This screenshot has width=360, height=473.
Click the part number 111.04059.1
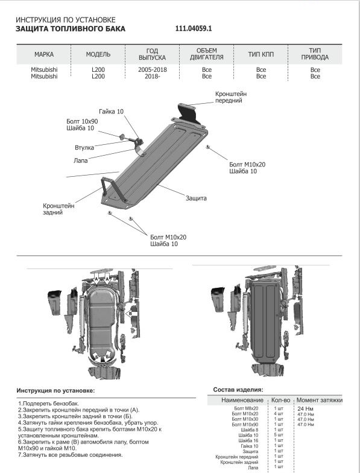click(x=194, y=29)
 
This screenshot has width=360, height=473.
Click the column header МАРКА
click(x=43, y=54)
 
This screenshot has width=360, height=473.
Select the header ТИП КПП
click(x=261, y=54)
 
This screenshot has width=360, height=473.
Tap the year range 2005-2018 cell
click(x=152, y=70)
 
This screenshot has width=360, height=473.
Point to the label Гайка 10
click(x=111, y=112)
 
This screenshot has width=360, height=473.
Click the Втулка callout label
click(x=84, y=147)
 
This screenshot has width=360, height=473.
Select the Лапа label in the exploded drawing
click(x=81, y=160)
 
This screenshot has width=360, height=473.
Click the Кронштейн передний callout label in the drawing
click(x=230, y=97)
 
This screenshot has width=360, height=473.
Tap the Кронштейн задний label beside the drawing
click(x=58, y=209)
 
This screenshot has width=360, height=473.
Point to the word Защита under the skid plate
click(x=196, y=198)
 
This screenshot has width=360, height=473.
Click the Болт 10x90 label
click(x=82, y=121)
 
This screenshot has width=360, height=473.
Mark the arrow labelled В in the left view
click(x=131, y=314)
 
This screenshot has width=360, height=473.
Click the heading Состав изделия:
click(x=238, y=390)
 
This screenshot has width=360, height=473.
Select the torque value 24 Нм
click(x=305, y=409)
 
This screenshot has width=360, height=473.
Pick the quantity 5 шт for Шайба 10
click(x=279, y=435)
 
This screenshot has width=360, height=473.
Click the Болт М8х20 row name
click(x=246, y=408)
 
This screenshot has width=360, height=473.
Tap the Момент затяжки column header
click(x=320, y=401)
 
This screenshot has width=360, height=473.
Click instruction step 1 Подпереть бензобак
click(x=48, y=403)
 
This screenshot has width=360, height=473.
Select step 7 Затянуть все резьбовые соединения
click(x=70, y=455)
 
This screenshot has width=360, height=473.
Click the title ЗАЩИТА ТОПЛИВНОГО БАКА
click(x=70, y=29)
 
